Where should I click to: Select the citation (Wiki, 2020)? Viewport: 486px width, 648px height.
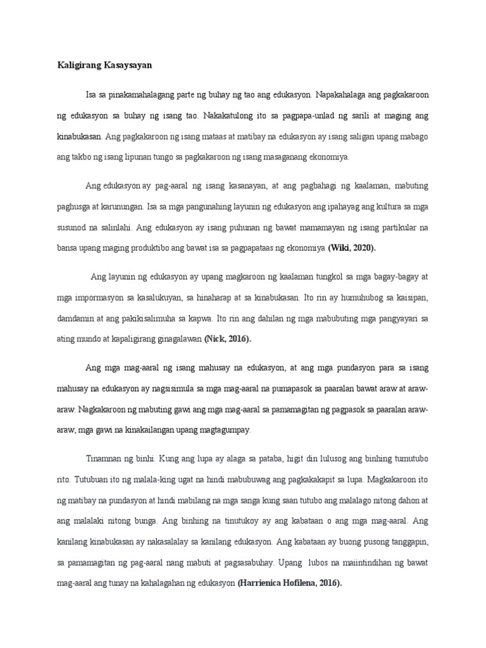pyautogui.click(x=351, y=249)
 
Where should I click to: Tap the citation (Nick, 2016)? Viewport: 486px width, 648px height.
pyautogui.click(x=227, y=339)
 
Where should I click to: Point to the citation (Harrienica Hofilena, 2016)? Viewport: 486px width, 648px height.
pyautogui.click(x=289, y=583)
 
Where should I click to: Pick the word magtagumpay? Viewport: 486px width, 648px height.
pyautogui.click(x=223, y=430)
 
